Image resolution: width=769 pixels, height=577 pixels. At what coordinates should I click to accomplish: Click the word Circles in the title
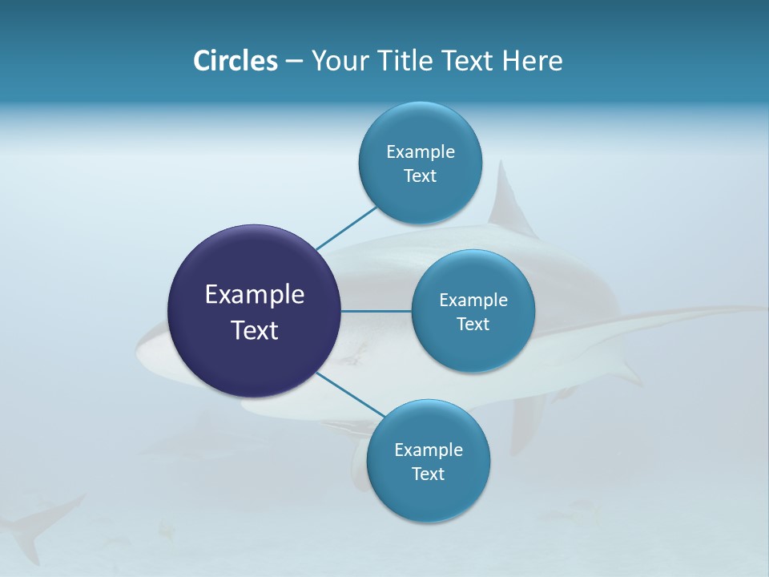(x=235, y=61)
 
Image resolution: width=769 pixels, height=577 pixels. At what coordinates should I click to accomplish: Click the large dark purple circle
(x=254, y=353)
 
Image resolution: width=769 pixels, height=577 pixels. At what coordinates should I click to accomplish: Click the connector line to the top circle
(x=346, y=228)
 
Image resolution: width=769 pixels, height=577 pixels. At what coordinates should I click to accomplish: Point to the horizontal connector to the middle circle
(x=376, y=311)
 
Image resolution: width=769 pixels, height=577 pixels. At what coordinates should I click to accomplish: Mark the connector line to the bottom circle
(x=351, y=394)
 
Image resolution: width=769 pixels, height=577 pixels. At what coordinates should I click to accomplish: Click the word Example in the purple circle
(x=254, y=295)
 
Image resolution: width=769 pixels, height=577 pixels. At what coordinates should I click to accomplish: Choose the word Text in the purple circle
(x=254, y=330)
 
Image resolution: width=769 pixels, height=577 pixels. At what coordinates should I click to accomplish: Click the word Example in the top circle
(x=420, y=151)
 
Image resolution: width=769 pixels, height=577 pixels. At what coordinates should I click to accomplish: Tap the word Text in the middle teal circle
(x=473, y=324)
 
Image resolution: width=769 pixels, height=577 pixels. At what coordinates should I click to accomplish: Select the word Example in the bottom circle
(x=428, y=450)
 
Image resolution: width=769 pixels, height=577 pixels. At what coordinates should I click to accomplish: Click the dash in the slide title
(x=294, y=61)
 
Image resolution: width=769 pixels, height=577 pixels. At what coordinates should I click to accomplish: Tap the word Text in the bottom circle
(x=428, y=474)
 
